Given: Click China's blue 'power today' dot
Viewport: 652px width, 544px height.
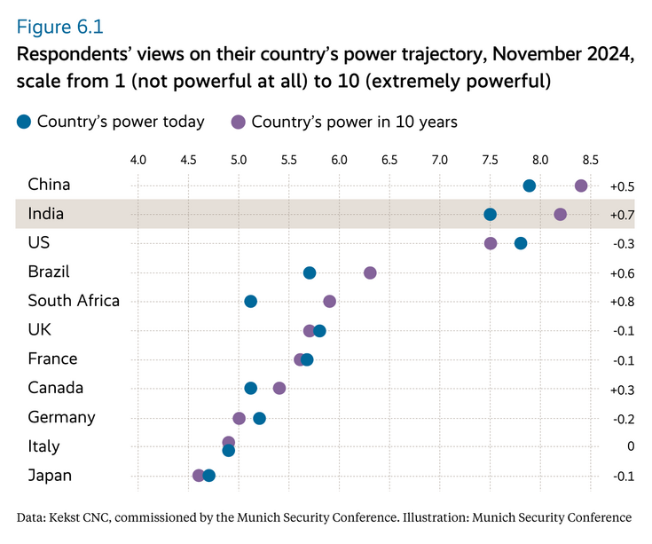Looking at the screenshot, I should (530, 185).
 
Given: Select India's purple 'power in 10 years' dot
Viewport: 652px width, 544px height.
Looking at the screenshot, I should (560, 214).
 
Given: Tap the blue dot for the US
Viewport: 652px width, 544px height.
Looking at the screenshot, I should (521, 243).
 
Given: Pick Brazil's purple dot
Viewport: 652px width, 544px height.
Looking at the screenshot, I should (370, 272).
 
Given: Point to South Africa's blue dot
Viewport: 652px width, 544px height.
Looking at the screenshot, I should (250, 302).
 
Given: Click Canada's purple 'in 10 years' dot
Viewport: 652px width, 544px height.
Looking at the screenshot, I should (279, 388).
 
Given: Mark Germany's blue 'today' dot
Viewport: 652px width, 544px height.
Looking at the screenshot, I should (259, 418).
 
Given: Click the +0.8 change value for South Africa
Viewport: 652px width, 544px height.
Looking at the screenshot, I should (622, 302).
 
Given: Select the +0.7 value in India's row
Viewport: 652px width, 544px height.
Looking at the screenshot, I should (622, 215).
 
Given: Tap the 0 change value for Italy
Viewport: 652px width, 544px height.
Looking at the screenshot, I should (630, 446).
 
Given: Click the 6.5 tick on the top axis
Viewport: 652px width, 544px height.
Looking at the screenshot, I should (389, 161).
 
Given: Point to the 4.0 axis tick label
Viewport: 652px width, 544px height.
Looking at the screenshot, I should (137, 161).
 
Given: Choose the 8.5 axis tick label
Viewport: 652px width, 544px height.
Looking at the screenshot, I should (590, 161).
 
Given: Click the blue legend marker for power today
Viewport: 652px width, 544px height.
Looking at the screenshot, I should (24, 122).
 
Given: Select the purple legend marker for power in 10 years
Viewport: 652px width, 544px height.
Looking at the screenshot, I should (239, 122).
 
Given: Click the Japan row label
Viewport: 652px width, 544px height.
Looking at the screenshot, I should (50, 476).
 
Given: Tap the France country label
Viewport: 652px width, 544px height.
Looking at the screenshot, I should (52, 359).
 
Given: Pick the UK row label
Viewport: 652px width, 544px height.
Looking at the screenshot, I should (40, 329).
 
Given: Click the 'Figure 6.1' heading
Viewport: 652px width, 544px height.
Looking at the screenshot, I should (65, 26).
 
